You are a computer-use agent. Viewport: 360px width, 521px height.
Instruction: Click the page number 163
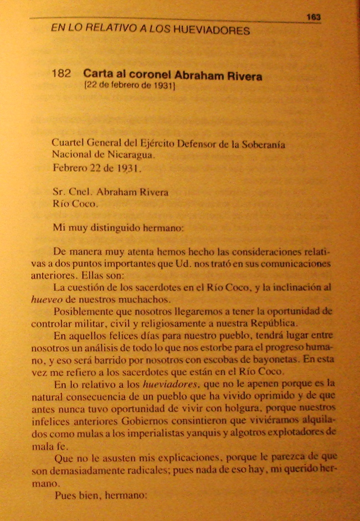pyautogui.click(x=313, y=17)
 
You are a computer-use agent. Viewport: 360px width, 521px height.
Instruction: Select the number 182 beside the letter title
pyautogui.click(x=61, y=74)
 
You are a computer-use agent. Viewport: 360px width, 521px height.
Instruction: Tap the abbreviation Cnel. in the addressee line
pyautogui.click(x=80, y=193)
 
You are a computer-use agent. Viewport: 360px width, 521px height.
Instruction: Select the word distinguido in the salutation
pyautogui.click(x=119, y=226)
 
